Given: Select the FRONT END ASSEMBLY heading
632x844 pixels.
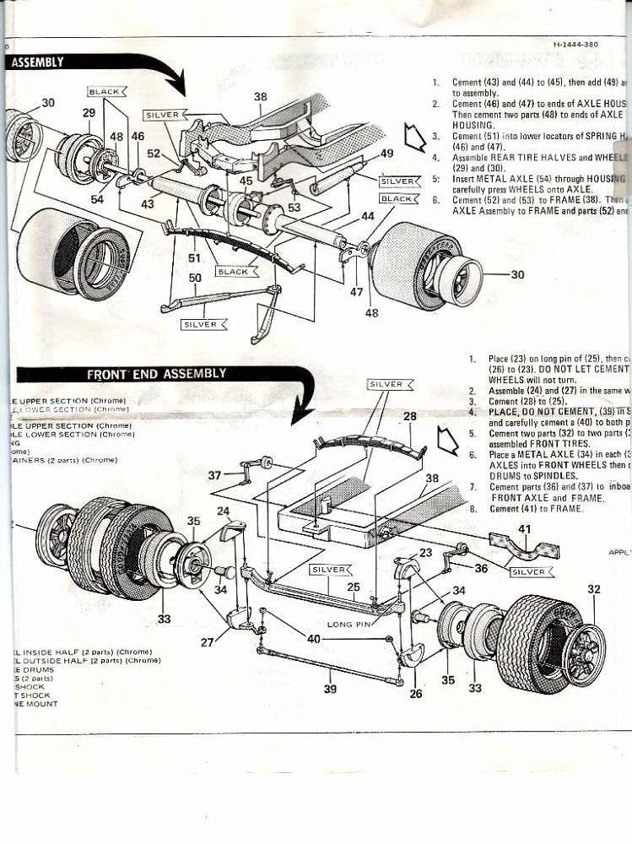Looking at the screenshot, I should pyautogui.click(x=157, y=374).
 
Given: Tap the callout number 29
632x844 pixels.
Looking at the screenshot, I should pyautogui.click(x=89, y=112).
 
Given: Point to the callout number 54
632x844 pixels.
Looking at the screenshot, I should pyautogui.click(x=98, y=199).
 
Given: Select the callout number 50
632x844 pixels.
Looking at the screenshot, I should pyautogui.click(x=195, y=278).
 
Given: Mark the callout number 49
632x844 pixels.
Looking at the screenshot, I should pyautogui.click(x=386, y=154).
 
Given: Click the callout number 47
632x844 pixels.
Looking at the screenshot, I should pyautogui.click(x=356, y=291).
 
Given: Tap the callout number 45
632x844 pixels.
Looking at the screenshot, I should pyautogui.click(x=246, y=180).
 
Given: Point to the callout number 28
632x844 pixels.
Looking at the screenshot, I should pyautogui.click(x=410, y=416).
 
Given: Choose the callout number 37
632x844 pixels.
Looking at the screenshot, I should pyautogui.click(x=214, y=476).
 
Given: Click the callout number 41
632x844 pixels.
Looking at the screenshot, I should pyautogui.click(x=525, y=529).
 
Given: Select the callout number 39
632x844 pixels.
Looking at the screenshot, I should pyautogui.click(x=330, y=689).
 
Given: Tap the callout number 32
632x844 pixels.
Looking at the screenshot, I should pyautogui.click(x=593, y=589).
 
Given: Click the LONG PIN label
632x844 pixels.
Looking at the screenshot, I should pyautogui.click(x=349, y=625).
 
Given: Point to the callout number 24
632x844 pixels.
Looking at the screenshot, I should pyautogui.click(x=223, y=511).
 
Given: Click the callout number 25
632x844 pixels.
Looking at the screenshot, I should pyautogui.click(x=354, y=587).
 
